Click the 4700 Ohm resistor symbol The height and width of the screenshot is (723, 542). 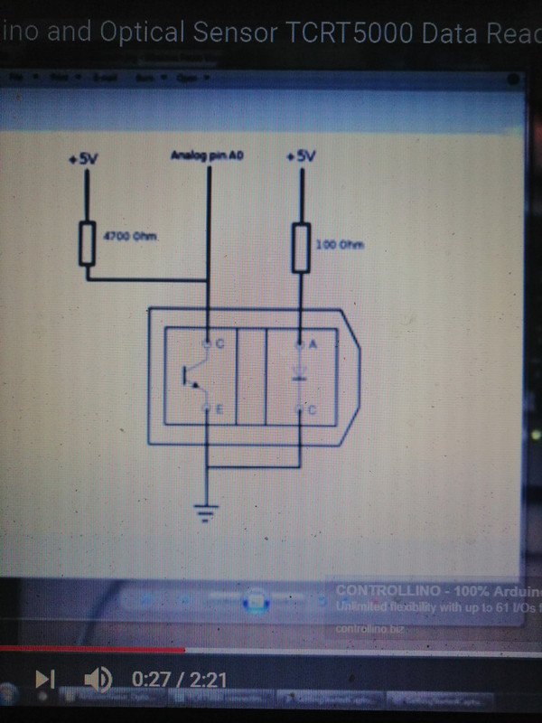88,241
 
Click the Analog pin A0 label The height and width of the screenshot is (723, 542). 208,156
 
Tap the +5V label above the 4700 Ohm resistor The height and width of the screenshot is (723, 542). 83,159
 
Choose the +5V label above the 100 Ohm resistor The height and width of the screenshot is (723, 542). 300,156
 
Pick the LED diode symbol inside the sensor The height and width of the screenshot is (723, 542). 301,374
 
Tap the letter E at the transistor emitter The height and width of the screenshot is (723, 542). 220,410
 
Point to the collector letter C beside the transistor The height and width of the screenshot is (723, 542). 220,344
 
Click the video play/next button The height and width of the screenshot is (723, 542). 44,678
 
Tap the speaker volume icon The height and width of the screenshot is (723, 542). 98,678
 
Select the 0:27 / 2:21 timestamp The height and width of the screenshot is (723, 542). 178,679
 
